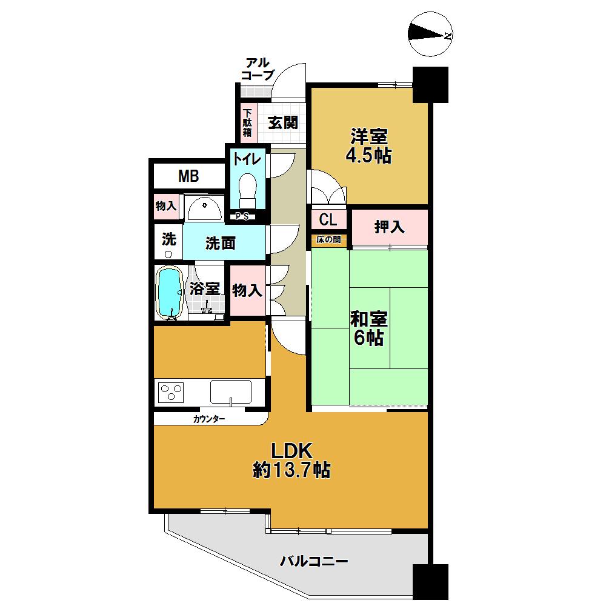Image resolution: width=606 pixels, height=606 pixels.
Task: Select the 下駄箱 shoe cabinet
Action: click(x=247, y=124)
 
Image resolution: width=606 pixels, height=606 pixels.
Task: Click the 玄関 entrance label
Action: click(x=282, y=123)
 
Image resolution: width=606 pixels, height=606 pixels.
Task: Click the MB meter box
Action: click(x=188, y=176)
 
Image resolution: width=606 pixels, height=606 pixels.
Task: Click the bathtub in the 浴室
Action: click(x=170, y=291)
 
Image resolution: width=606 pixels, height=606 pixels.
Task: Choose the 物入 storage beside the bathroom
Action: click(x=247, y=291)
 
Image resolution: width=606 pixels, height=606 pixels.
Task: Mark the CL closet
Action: click(x=328, y=218)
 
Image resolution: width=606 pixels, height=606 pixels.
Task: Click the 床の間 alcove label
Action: click(x=329, y=240)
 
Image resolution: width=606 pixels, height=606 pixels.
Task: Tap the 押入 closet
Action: click(x=389, y=227)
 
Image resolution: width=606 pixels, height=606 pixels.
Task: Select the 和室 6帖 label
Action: click(x=369, y=328)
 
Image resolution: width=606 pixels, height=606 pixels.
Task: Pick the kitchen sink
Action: click(x=230, y=391)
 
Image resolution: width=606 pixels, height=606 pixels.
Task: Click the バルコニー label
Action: click(x=314, y=562)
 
